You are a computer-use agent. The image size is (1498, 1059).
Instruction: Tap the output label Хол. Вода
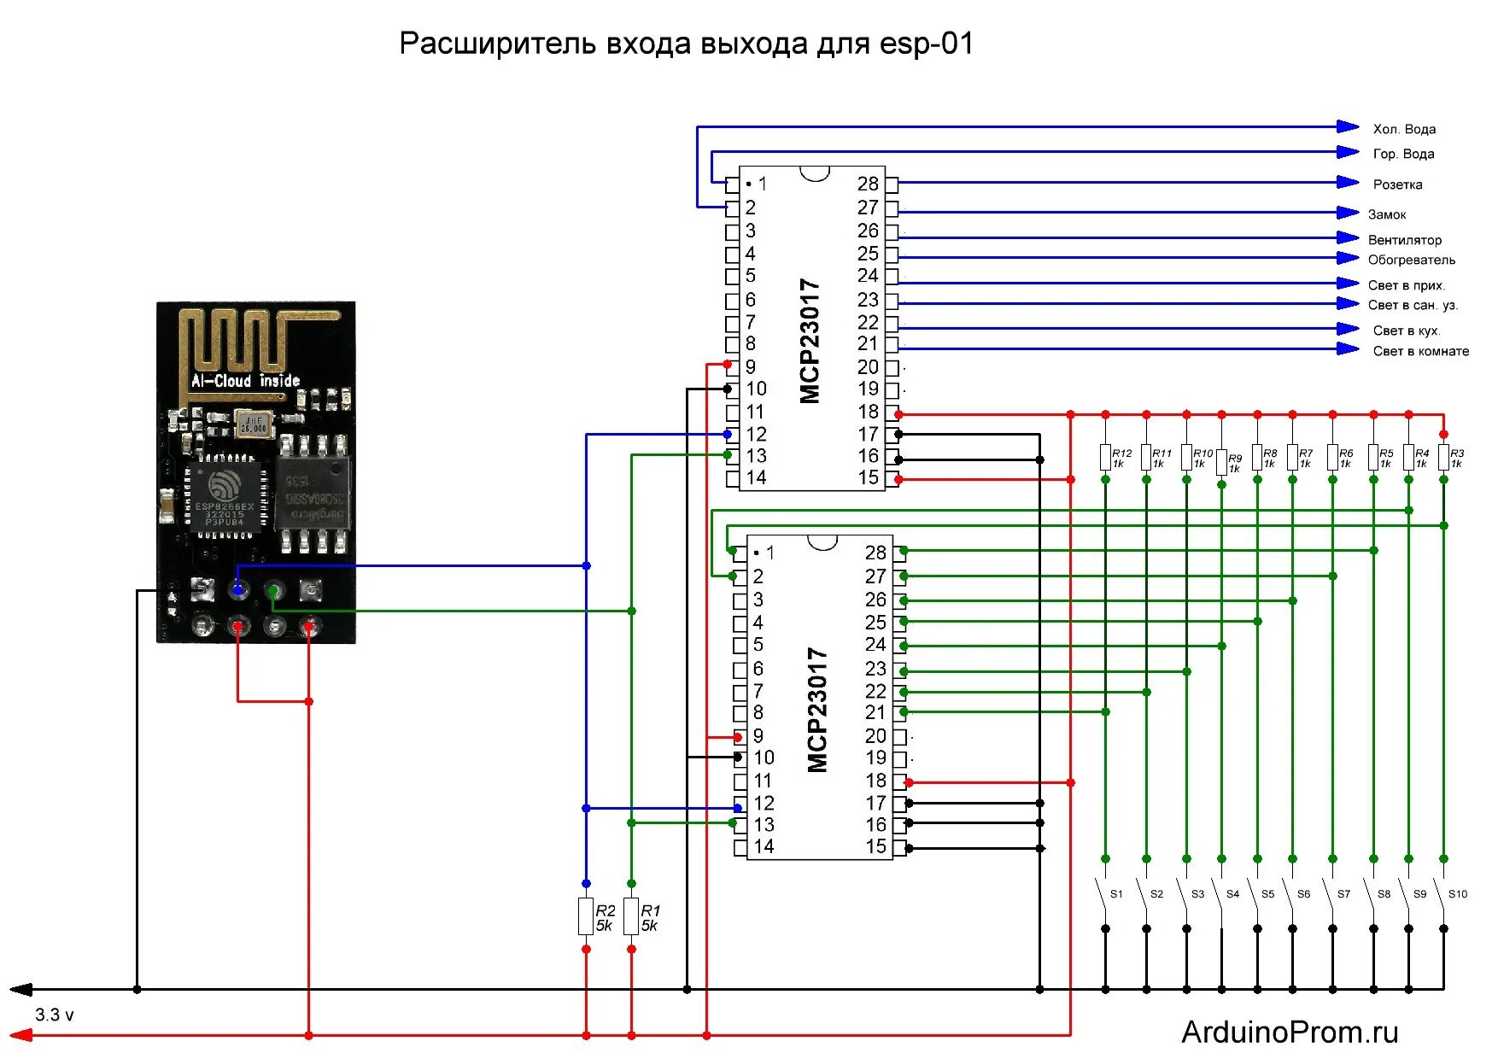pos(1403,129)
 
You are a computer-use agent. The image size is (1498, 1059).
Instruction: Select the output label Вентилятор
pos(1404,240)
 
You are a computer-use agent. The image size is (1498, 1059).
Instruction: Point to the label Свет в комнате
pos(1420,351)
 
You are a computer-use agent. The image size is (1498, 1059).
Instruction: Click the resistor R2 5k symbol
pos(586,916)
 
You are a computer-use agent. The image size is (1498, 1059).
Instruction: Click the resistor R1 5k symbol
pos(631,916)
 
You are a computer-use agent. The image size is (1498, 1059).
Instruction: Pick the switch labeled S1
pos(1103,893)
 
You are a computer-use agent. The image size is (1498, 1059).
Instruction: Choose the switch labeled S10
pos(1442,893)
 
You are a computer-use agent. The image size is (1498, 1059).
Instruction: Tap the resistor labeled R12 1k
pos(1105,458)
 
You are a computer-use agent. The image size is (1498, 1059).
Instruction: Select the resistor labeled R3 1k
pos(1443,458)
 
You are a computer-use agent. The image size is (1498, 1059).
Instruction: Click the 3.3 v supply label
pos(54,1015)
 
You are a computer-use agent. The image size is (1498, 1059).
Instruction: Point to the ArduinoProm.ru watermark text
pos(1290,1032)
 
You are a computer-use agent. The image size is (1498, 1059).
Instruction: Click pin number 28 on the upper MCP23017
pos(868,184)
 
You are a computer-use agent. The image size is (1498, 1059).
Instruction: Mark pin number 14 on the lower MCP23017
pos(764,846)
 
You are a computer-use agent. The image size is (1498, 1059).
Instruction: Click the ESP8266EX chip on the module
pos(224,495)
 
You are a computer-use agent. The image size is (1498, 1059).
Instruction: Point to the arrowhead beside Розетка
pos(1347,182)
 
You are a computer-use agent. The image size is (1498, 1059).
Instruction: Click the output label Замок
pos(1386,214)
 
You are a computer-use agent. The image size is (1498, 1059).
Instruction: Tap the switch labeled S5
pos(1256,893)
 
